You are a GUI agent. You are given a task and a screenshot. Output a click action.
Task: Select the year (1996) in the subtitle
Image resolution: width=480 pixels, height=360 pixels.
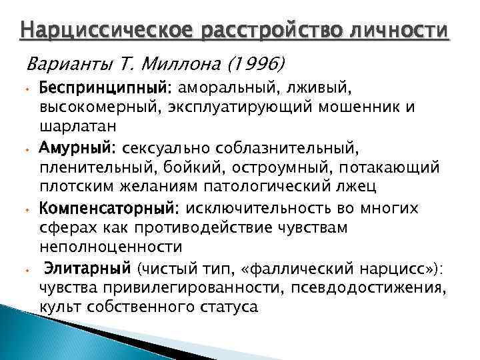pos(253,64)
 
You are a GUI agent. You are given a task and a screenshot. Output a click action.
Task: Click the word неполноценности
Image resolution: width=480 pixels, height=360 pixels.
pos(111,245)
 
